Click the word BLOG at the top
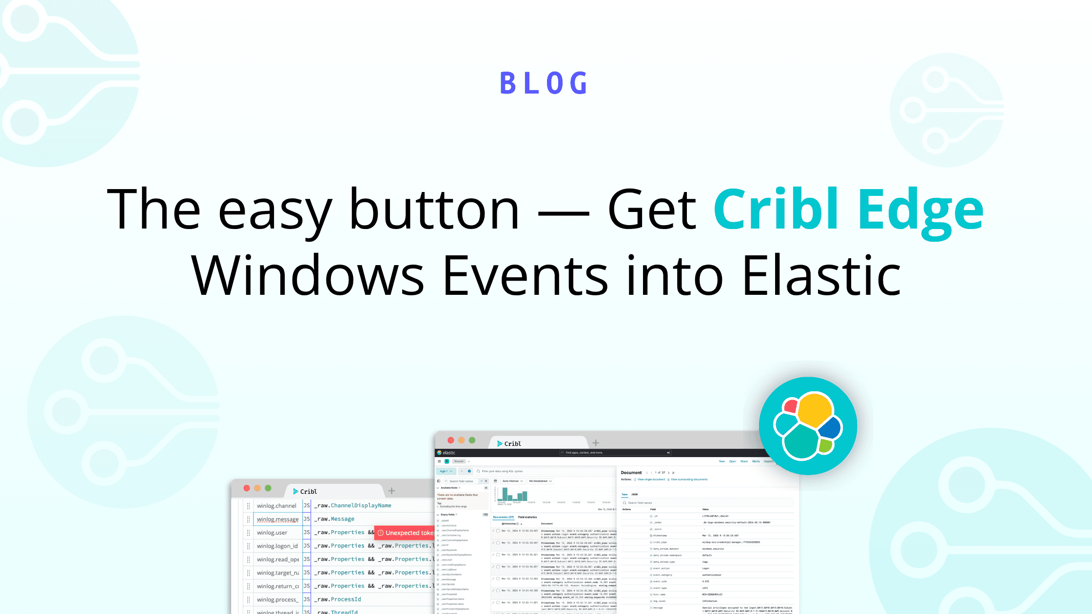point(545,83)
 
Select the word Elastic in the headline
point(821,275)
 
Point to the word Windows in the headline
point(307,275)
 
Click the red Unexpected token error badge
point(405,533)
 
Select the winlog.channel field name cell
point(276,505)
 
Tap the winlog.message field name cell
point(277,519)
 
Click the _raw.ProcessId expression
point(338,599)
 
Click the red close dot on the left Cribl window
point(247,488)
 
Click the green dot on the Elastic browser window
point(472,440)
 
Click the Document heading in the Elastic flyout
point(631,473)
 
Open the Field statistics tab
point(527,517)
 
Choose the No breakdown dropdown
point(540,481)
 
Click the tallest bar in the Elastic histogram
point(505,494)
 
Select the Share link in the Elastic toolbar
point(744,461)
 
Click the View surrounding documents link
point(689,480)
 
